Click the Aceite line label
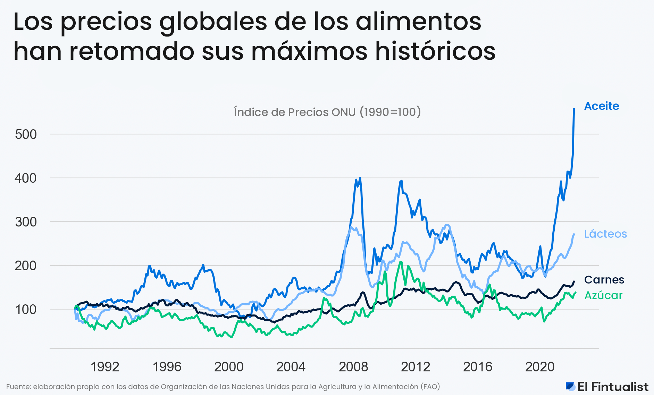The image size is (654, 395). click(x=601, y=106)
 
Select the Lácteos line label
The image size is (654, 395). click(x=605, y=234)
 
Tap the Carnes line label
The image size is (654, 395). click(x=604, y=280)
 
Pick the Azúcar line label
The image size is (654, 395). click(x=603, y=295)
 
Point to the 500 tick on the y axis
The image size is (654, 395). click(x=26, y=134)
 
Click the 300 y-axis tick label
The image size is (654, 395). click(x=26, y=222)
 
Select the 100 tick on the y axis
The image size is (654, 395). click(x=26, y=310)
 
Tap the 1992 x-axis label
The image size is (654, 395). click(x=104, y=367)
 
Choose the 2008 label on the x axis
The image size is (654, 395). click(x=353, y=367)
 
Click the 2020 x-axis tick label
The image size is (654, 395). click(x=539, y=367)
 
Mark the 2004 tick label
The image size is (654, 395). click(x=291, y=367)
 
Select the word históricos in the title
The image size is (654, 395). click(x=435, y=51)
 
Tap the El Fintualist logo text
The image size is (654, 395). click(x=612, y=387)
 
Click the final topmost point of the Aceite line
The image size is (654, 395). click(x=574, y=109)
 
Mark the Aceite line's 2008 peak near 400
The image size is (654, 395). click(x=360, y=178)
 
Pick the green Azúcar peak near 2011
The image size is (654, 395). click(x=401, y=262)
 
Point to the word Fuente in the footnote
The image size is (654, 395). click(x=18, y=387)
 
